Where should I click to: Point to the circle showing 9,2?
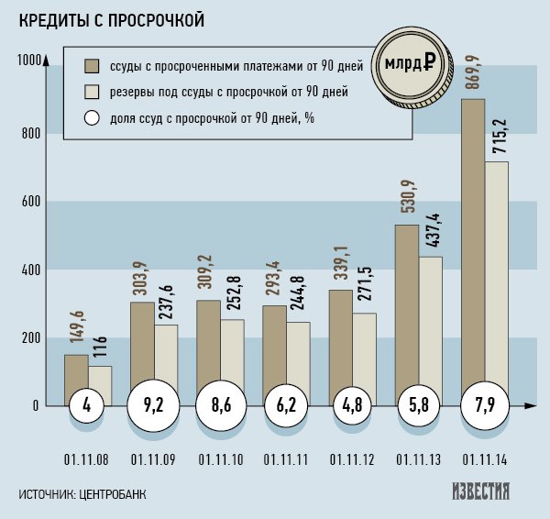[x=153, y=406]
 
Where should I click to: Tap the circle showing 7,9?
[x=484, y=406]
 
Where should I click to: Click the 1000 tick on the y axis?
[x=29, y=61]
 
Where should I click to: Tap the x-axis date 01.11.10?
[x=220, y=458]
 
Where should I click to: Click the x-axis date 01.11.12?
[x=353, y=458]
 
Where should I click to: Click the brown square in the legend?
[x=92, y=66]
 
